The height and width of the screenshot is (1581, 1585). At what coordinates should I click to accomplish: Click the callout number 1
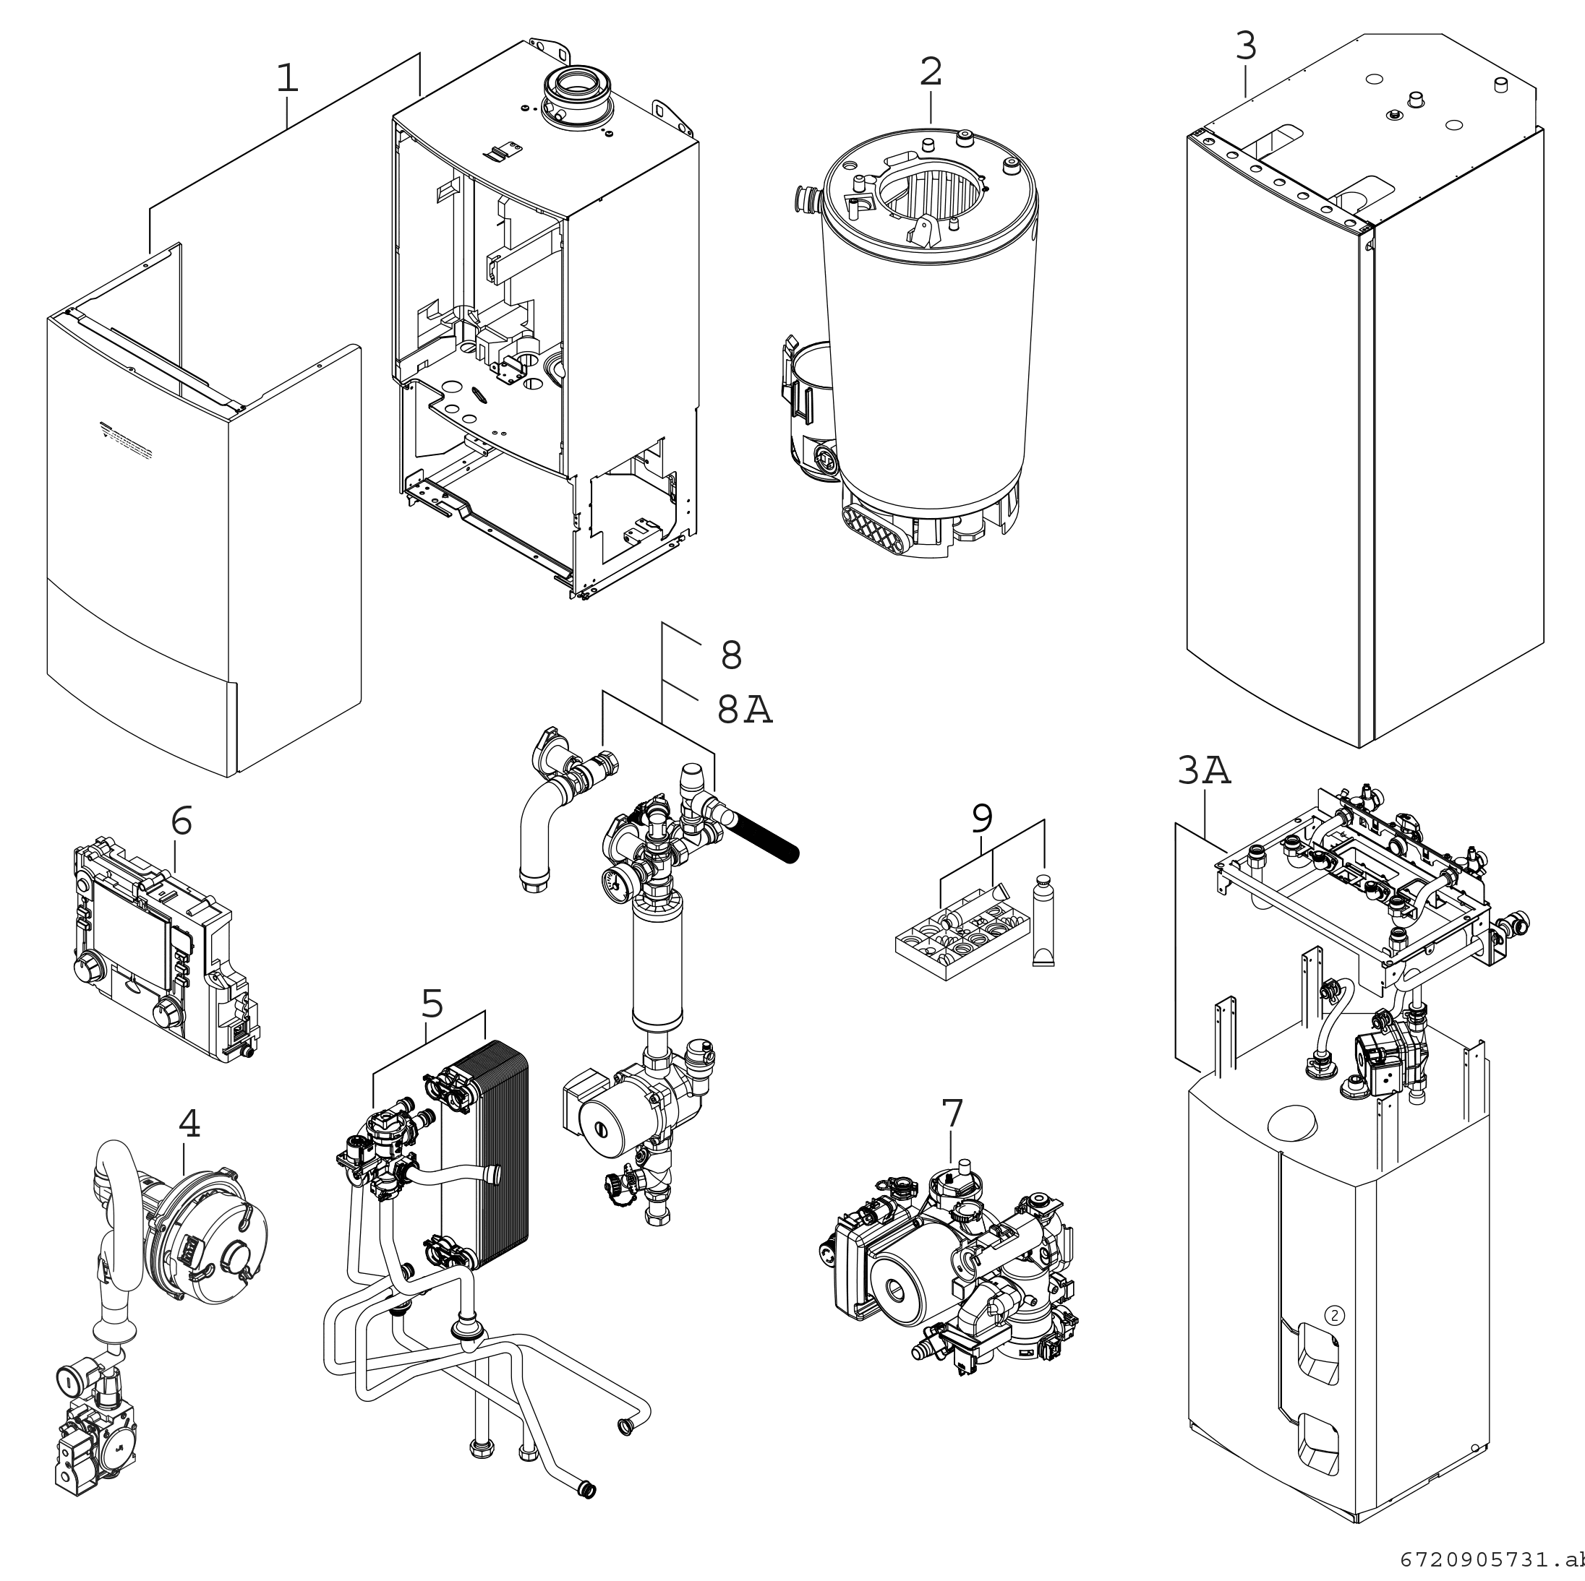[286, 79]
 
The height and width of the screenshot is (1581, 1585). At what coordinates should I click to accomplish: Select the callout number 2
[931, 72]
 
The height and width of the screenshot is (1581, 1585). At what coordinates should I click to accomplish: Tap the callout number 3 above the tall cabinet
[1245, 47]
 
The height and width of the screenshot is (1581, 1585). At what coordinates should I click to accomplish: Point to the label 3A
[1203, 771]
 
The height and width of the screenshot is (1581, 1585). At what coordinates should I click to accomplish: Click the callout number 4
[189, 1125]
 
